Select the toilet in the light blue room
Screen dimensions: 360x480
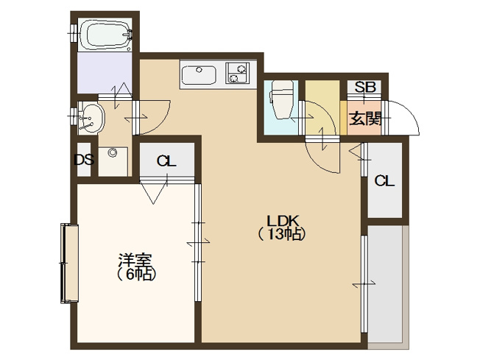tap(280, 99)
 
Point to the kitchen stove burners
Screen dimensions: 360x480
tap(237, 74)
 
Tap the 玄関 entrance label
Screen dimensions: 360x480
tap(364, 119)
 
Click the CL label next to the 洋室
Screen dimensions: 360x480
tap(166, 161)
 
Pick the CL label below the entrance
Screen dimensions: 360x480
tap(384, 181)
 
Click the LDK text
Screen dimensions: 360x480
tap(281, 220)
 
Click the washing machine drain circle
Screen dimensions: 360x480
tap(112, 153)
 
